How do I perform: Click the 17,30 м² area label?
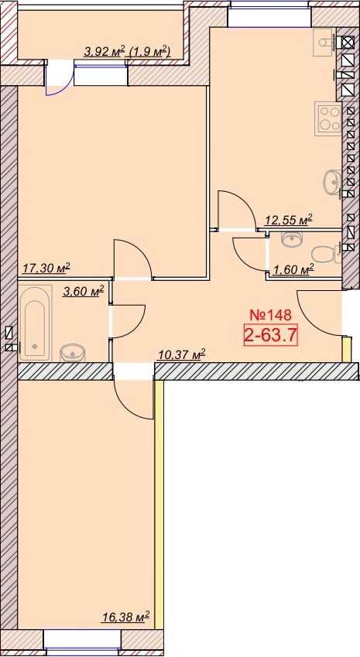coord(46,268)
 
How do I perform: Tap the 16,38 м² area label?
coord(126,617)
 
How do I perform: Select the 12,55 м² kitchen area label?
coord(290,219)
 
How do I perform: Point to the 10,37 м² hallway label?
coord(181,355)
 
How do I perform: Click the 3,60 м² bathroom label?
coord(83,291)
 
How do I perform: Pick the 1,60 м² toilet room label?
coord(293,270)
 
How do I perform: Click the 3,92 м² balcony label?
coord(105,52)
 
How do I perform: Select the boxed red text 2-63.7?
coord(271,335)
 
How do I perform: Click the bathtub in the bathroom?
coord(35,323)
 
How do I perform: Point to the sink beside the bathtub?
coord(73,353)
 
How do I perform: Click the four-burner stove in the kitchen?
coord(329,119)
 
